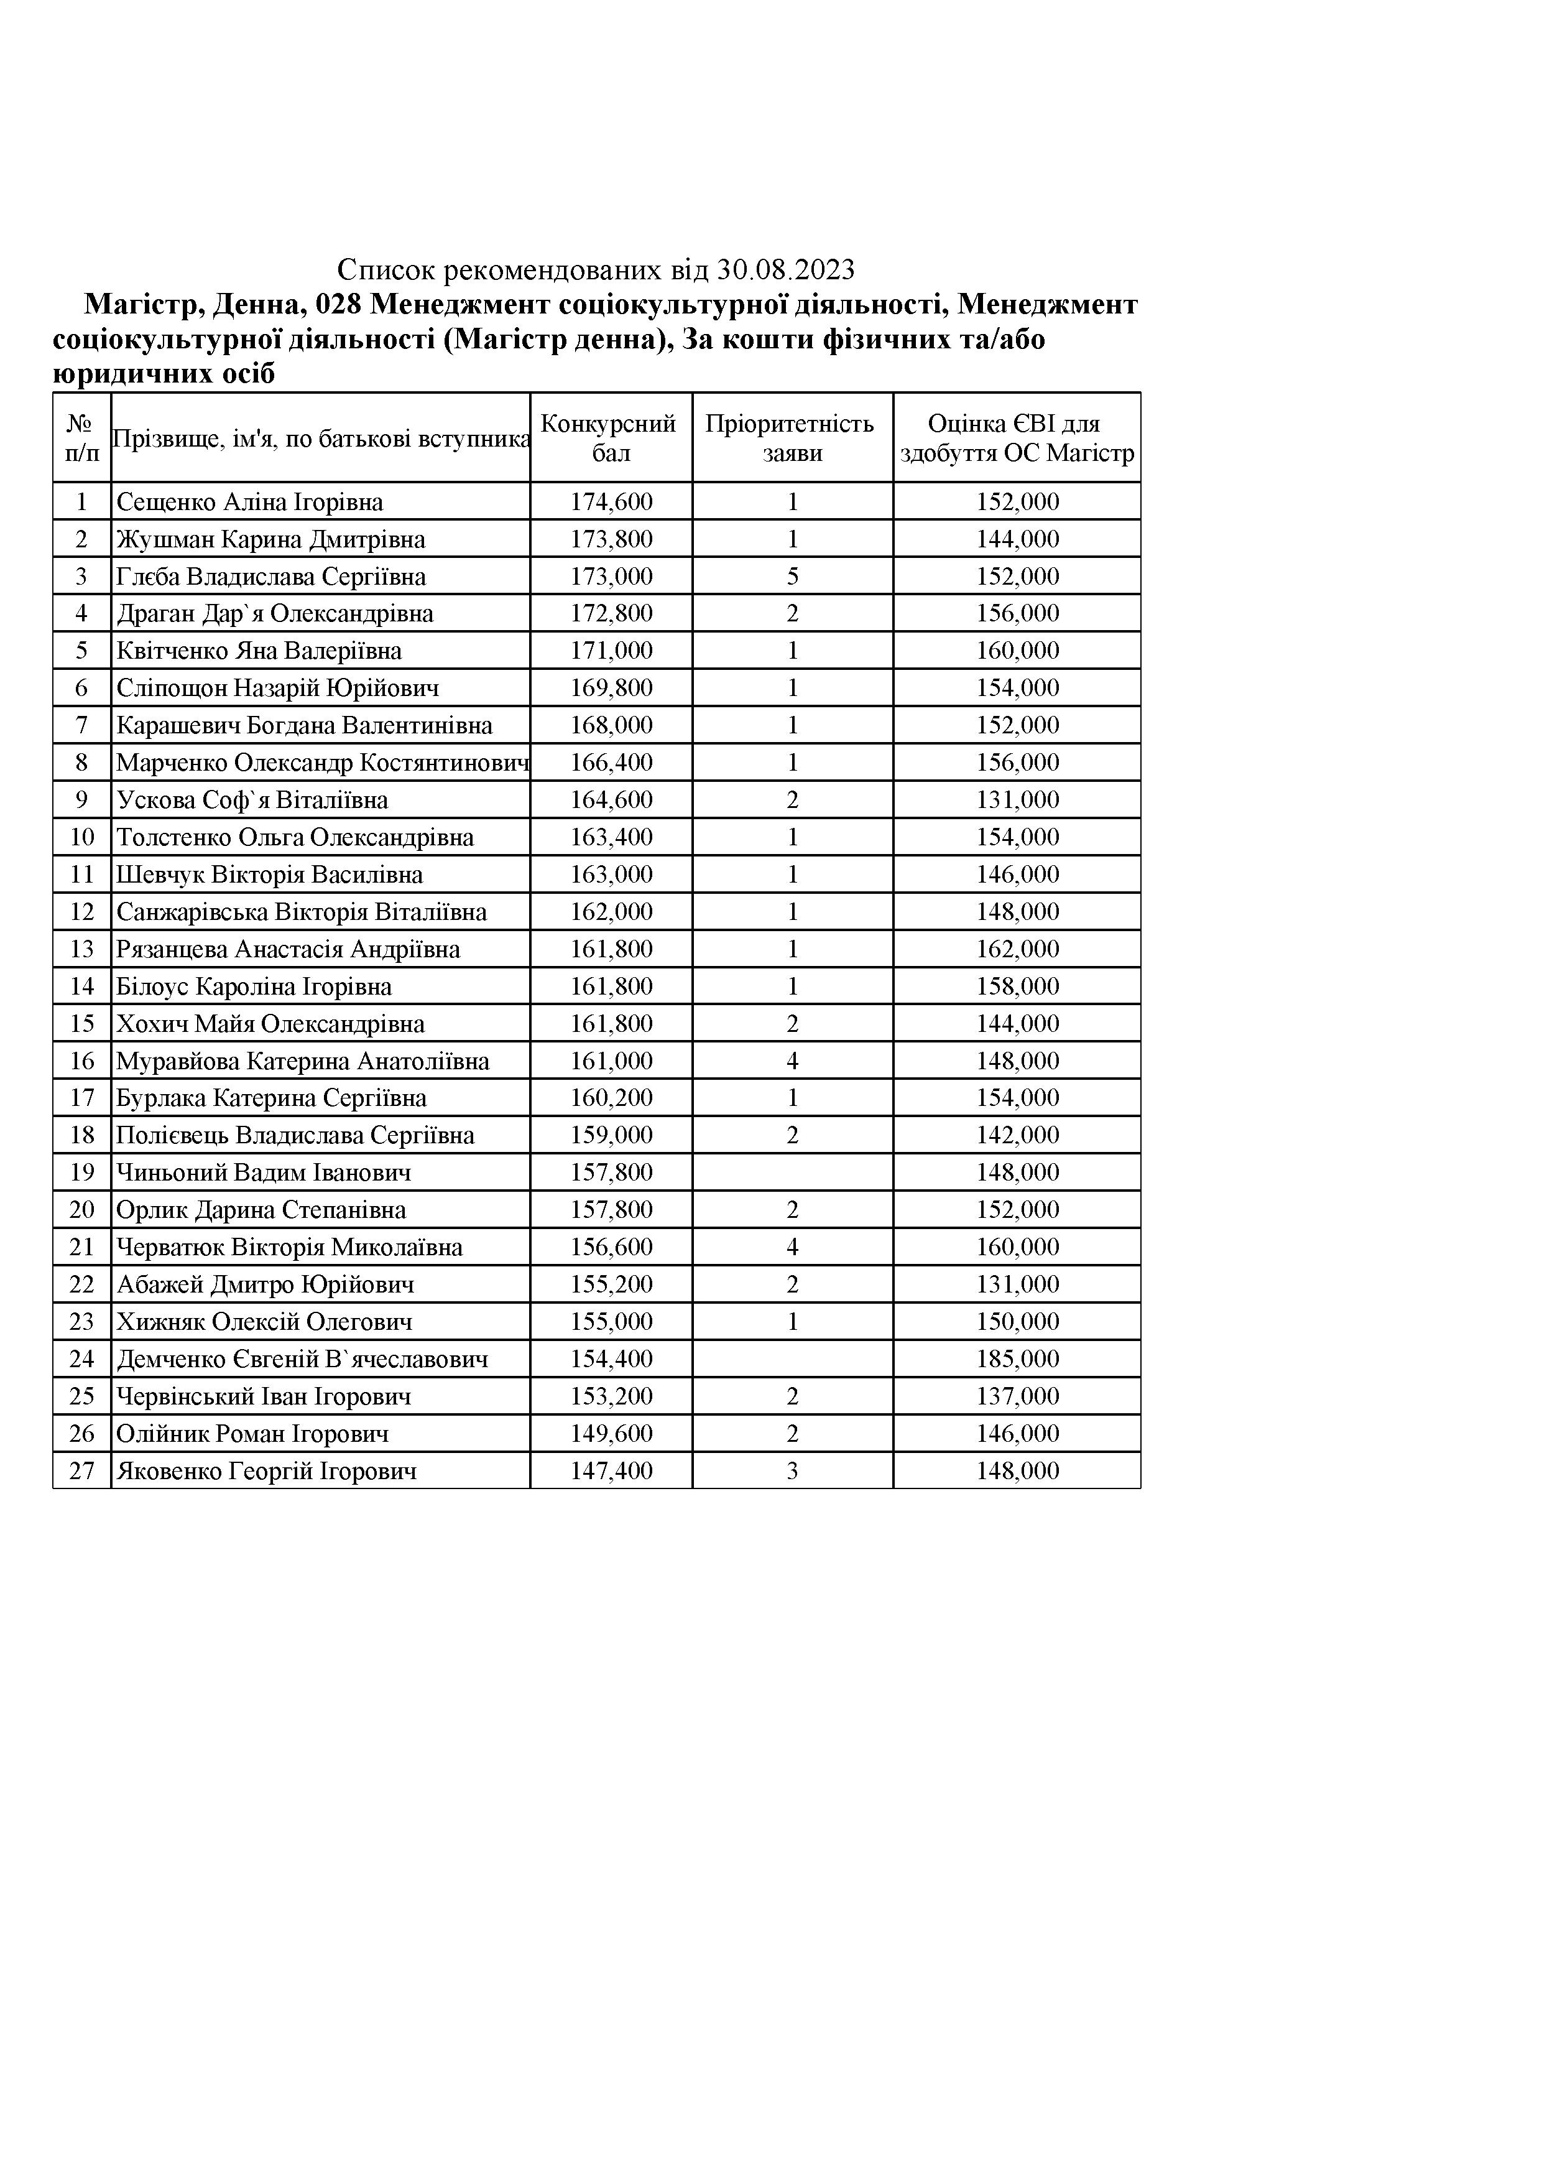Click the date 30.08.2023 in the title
[x=786, y=271]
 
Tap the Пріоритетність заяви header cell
[x=792, y=438]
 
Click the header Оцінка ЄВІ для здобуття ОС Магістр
[x=1017, y=438]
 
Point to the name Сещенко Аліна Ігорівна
[x=250, y=502]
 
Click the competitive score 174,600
[x=611, y=502]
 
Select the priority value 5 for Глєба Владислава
[x=792, y=577]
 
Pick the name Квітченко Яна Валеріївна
[x=259, y=651]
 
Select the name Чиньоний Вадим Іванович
[x=264, y=1172]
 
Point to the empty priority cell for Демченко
[x=792, y=1359]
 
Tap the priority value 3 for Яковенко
[x=792, y=1471]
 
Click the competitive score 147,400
[x=611, y=1471]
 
